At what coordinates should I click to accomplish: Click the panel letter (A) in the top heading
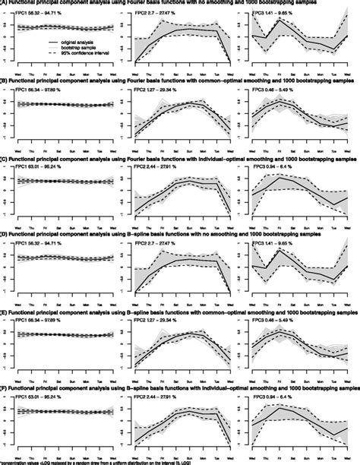4,2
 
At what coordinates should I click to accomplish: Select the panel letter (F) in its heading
4,387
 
